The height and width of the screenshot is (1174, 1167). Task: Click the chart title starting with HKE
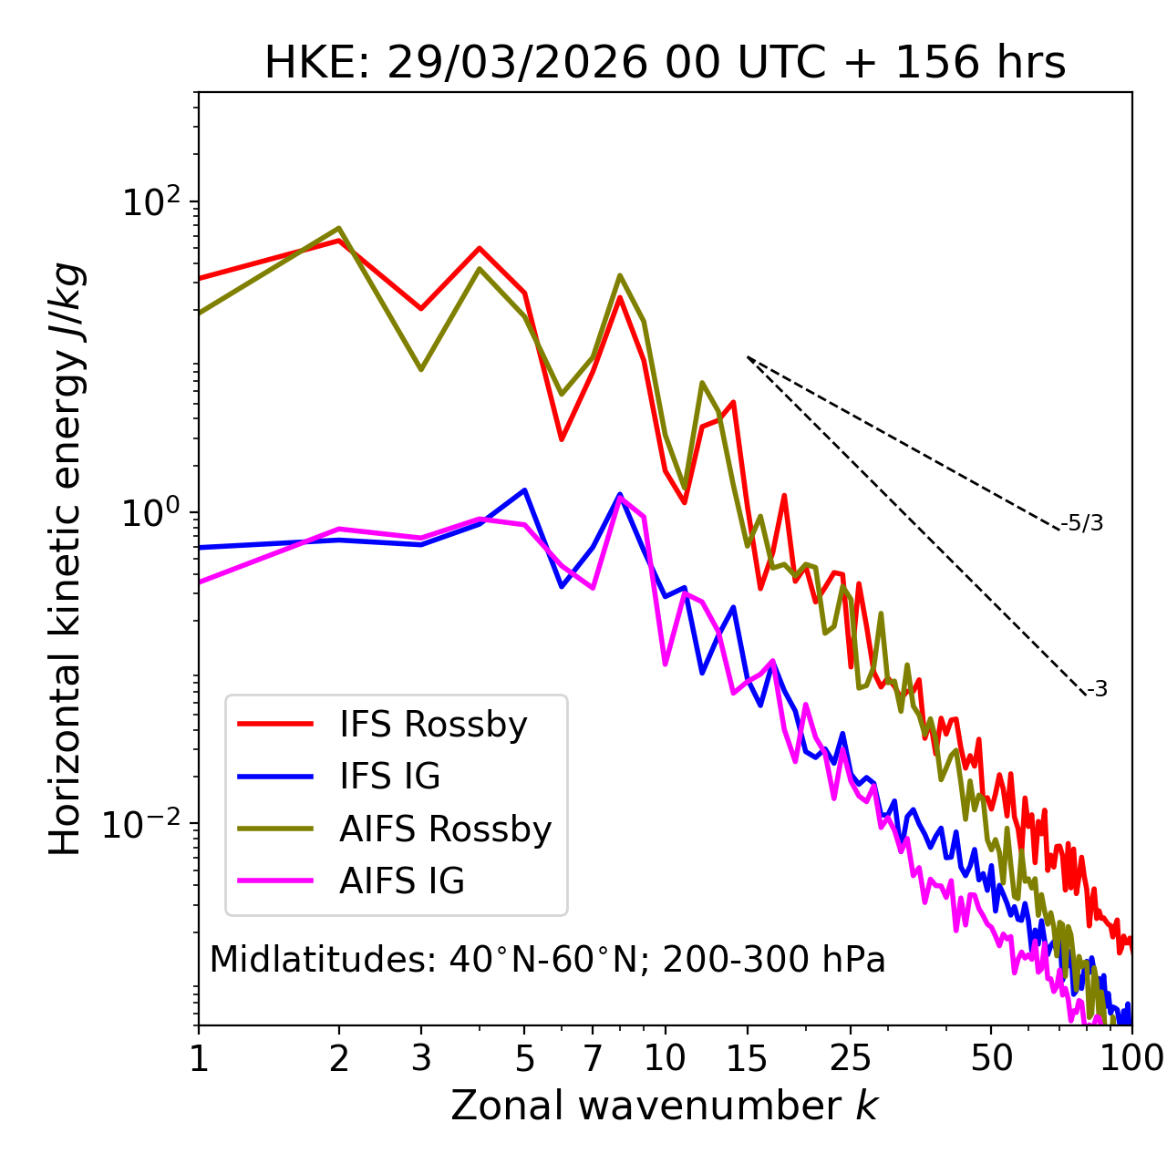pyautogui.click(x=665, y=64)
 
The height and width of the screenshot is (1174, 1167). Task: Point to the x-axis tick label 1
pyautogui.click(x=199, y=1058)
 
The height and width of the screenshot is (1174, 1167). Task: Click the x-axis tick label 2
pyautogui.click(x=339, y=1058)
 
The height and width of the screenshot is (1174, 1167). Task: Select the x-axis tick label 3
pyautogui.click(x=421, y=1058)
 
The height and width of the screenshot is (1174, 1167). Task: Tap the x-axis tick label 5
pyautogui.click(x=524, y=1058)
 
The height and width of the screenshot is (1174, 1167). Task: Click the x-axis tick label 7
pyautogui.click(x=593, y=1058)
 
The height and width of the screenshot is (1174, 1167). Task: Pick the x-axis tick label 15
pyautogui.click(x=747, y=1058)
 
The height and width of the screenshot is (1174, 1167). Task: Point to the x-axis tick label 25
pyautogui.click(x=851, y=1058)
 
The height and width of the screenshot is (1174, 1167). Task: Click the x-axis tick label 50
pyautogui.click(x=991, y=1058)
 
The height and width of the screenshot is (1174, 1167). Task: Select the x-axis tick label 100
pyautogui.click(x=1131, y=1058)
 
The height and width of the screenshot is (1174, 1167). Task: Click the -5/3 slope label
pyautogui.click(x=1082, y=523)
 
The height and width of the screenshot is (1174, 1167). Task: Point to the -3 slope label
pyautogui.click(x=1097, y=690)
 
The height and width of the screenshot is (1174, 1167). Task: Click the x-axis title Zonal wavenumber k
pyautogui.click(x=665, y=1106)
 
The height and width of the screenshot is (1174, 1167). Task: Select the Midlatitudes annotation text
pyautogui.click(x=547, y=960)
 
